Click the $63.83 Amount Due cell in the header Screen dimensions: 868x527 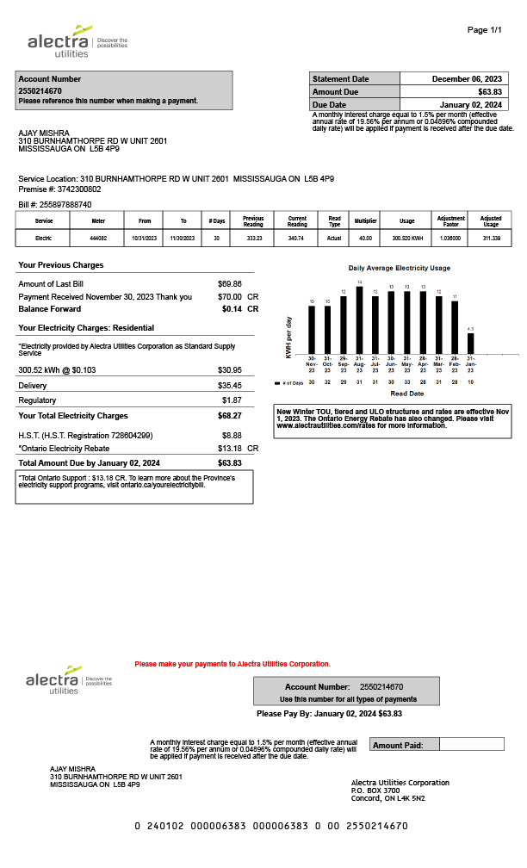pos(489,91)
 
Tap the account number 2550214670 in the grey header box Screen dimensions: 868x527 pos(40,90)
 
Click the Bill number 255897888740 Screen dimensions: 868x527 pos(65,204)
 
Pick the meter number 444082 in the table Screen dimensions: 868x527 pos(99,237)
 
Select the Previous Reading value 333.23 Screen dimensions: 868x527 pos(253,237)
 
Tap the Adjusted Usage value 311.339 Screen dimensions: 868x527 pos(491,237)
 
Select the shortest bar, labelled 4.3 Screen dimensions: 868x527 pos(470,344)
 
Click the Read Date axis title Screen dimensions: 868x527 pos(407,393)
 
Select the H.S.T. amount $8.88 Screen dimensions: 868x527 pos(232,436)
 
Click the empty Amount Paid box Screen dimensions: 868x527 pos(471,744)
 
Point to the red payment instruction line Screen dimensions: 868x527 pos(232,664)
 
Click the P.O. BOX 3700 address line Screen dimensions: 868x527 pos(375,790)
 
